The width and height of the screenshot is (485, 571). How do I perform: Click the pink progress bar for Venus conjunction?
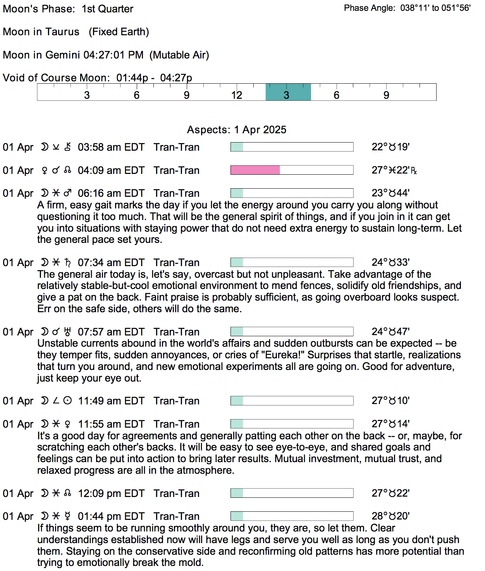point(255,170)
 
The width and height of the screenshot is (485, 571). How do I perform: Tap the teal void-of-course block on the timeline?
point(288,92)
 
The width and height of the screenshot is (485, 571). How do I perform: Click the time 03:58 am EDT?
point(111,147)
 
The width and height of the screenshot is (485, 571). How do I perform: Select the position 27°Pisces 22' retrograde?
point(394,170)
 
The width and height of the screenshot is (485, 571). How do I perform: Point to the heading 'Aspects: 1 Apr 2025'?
point(237,129)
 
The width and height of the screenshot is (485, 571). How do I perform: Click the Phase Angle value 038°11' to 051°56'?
point(435,8)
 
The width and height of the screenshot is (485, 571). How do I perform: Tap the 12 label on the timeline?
point(236,95)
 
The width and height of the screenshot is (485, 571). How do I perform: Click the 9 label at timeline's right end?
point(386,95)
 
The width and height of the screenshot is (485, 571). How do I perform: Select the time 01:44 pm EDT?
point(111,516)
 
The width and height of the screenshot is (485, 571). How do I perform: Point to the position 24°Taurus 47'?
point(390,332)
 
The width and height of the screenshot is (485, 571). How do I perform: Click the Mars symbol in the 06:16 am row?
point(67,193)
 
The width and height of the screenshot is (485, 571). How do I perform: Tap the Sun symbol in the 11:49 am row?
point(67,401)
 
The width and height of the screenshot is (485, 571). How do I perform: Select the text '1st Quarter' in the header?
point(107,9)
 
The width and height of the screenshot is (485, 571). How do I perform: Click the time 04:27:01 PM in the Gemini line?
point(114,55)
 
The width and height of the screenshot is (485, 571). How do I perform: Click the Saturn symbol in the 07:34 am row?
point(67,263)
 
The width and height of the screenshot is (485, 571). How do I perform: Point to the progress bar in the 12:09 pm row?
point(292,493)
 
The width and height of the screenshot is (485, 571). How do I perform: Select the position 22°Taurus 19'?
point(390,147)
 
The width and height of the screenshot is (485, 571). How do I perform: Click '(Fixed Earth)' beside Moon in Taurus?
point(119,32)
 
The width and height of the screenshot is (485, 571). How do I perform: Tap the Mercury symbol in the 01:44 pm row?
point(67,516)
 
